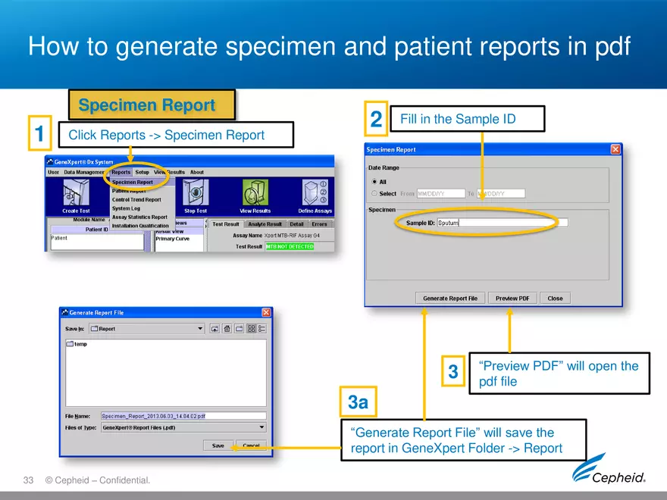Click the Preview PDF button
click(512, 298)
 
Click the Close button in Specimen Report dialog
click(555, 298)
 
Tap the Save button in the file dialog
click(218, 445)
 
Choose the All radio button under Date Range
click(374, 182)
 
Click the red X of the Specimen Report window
click(615, 150)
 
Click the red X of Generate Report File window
click(266, 312)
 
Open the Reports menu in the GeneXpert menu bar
click(121, 173)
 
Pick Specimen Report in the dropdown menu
click(133, 182)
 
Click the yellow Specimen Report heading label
click(152, 105)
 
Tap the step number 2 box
click(376, 120)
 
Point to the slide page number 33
click(29, 480)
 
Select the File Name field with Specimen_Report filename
click(183, 416)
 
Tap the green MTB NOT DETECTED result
click(289, 246)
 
